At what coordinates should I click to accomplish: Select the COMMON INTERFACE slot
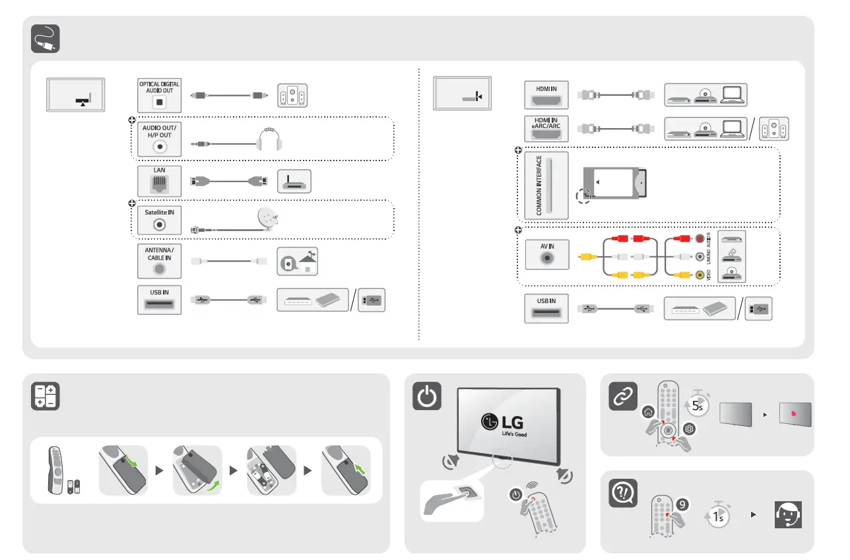(546, 186)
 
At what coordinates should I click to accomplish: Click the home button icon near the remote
(648, 412)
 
